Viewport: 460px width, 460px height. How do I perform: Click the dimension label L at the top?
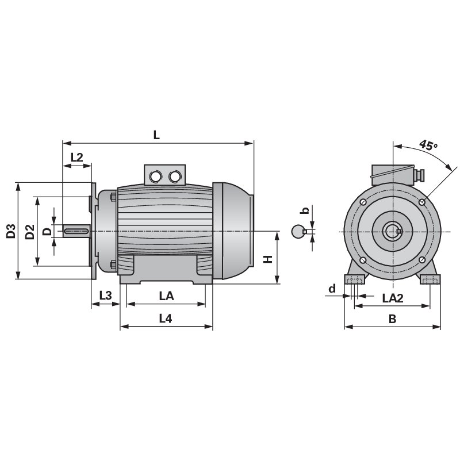pos(156,135)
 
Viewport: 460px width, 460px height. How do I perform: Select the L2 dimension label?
pos(77,157)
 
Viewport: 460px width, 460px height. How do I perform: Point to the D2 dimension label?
pos(30,232)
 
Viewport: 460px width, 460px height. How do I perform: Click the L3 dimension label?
pos(105,295)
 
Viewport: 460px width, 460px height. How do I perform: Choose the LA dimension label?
pos(166,295)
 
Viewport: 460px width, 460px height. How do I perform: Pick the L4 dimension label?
pos(166,319)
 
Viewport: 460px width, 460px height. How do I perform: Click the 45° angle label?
pos(427,145)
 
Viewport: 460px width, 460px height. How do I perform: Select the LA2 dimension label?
pos(393,298)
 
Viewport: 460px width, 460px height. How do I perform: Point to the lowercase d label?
pos(332,288)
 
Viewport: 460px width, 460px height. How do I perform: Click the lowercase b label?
pos(306,210)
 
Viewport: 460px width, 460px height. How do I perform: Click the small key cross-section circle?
pos(297,232)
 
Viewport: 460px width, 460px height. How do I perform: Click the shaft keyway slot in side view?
pos(76,231)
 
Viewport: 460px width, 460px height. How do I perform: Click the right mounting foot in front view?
pos(431,279)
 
